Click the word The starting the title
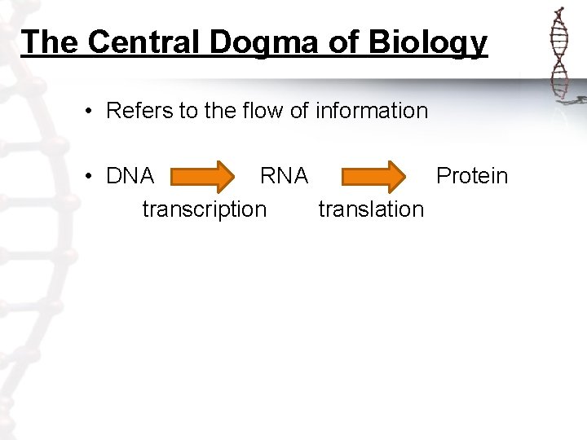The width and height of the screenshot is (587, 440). (50, 42)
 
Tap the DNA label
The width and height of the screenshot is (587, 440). (130, 176)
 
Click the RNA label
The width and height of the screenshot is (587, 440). (284, 176)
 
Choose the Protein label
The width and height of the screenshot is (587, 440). (472, 176)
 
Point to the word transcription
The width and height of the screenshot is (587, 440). (204, 209)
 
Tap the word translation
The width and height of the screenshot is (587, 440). (371, 209)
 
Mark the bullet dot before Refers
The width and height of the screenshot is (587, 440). (87, 112)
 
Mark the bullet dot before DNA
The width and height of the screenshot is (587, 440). (87, 177)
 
